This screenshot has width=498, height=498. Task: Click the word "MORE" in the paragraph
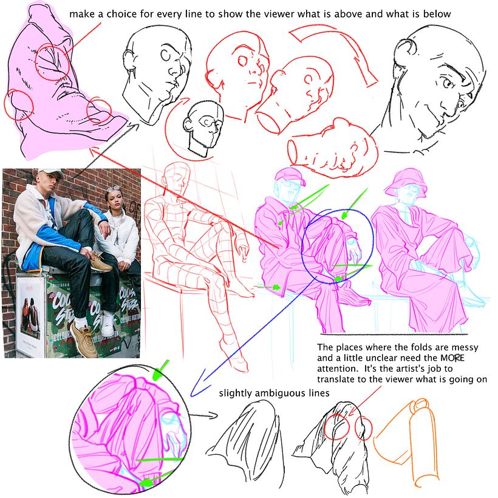[x=452, y=358]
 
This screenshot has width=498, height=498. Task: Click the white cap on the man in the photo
[x=51, y=174]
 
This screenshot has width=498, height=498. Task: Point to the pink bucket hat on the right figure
[x=405, y=184]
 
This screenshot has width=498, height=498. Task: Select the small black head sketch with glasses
[x=203, y=127]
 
